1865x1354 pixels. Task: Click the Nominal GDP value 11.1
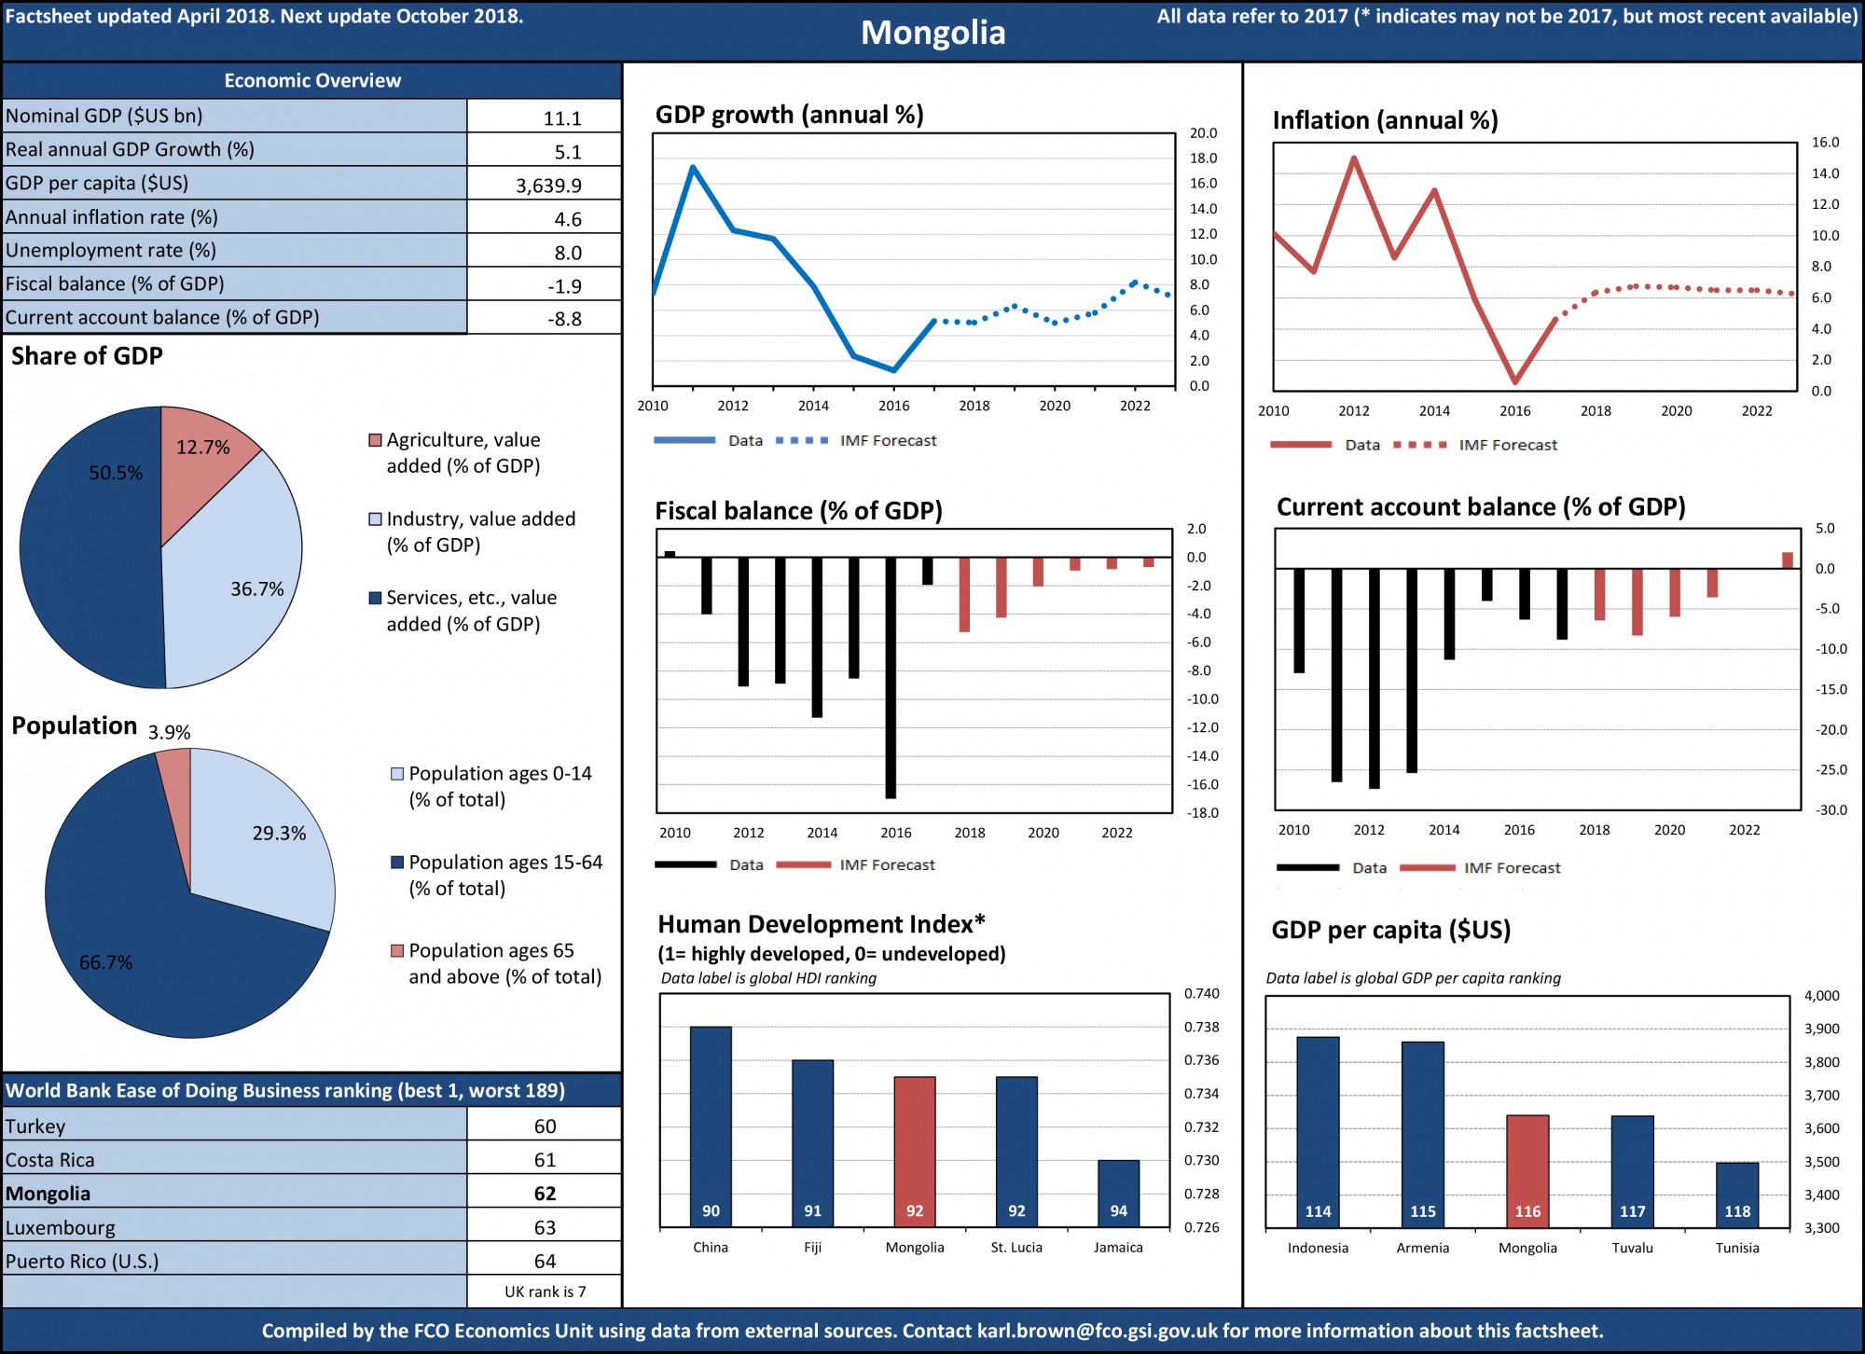[x=562, y=118]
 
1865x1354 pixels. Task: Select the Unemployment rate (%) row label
[x=111, y=251]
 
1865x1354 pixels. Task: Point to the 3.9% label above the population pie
[x=170, y=733]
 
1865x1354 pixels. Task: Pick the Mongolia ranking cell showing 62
[x=545, y=1194]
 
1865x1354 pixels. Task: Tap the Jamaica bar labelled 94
[x=1118, y=1194]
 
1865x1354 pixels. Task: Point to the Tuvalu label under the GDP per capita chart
[x=1632, y=1248]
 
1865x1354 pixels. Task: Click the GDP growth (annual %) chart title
[x=789, y=115]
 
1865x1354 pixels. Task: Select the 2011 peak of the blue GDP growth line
[x=693, y=168]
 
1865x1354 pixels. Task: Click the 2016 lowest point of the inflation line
[x=1515, y=381]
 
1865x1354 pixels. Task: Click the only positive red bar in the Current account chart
[x=1788, y=560]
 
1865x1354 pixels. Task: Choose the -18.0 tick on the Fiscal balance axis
[x=1202, y=813]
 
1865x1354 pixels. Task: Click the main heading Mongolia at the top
[x=932, y=33]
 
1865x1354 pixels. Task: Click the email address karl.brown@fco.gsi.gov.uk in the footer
[x=1097, y=1331]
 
